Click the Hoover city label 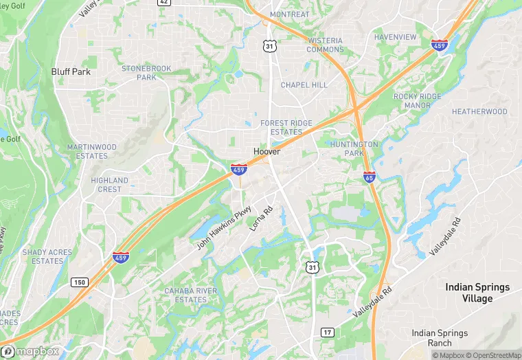(x=266, y=151)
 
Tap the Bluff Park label (x=71, y=71)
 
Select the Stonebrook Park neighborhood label (x=146, y=73)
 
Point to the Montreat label (x=290, y=14)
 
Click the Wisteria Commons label (x=325, y=45)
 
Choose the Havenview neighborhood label (x=396, y=36)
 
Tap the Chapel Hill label (x=304, y=85)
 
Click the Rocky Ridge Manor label (x=417, y=101)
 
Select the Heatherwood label (x=479, y=111)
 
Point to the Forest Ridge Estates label (x=286, y=127)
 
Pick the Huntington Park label (x=354, y=148)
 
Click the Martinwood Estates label (x=92, y=151)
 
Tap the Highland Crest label (x=109, y=185)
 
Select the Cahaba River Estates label (x=190, y=295)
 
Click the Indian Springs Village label (x=477, y=293)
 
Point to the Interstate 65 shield (x=369, y=177)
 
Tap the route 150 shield (x=79, y=282)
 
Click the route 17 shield (x=328, y=333)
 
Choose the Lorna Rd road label (x=262, y=218)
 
